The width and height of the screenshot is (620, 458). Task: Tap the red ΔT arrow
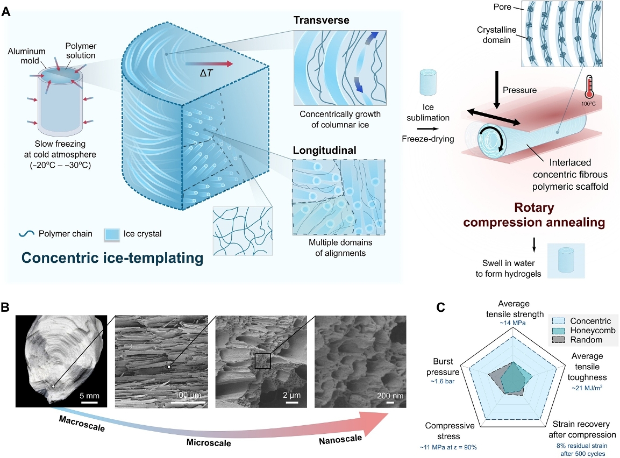(x=215, y=64)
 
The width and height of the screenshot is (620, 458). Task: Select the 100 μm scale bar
(x=189, y=400)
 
